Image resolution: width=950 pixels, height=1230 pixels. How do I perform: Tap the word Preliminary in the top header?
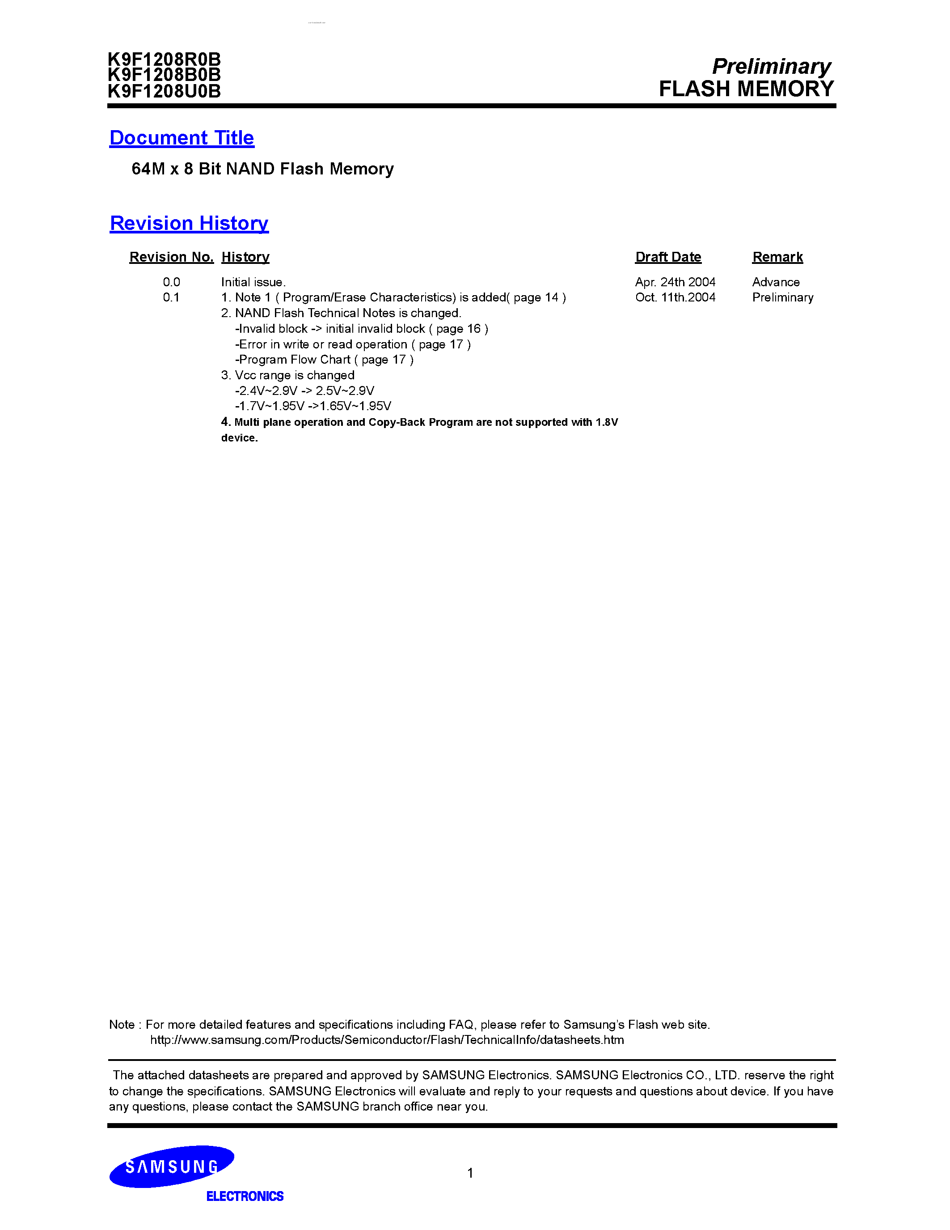click(x=771, y=67)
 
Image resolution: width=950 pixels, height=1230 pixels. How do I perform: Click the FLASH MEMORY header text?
click(x=746, y=89)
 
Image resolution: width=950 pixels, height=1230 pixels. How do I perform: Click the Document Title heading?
click(x=182, y=138)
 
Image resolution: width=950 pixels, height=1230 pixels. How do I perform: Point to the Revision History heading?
click(x=189, y=223)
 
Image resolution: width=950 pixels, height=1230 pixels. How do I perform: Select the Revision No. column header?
click(x=171, y=257)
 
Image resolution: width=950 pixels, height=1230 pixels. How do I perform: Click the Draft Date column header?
click(x=668, y=257)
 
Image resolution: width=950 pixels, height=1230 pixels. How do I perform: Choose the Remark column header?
click(x=777, y=257)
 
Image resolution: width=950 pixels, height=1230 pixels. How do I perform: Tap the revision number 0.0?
click(x=172, y=282)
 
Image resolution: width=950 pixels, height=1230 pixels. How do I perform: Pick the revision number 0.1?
click(x=171, y=297)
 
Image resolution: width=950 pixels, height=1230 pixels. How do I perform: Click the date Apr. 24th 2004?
click(x=676, y=282)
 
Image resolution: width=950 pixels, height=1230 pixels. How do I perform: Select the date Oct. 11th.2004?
click(x=676, y=297)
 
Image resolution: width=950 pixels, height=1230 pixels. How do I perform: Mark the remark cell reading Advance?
click(x=776, y=282)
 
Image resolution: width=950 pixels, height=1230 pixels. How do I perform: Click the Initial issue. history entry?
click(x=253, y=282)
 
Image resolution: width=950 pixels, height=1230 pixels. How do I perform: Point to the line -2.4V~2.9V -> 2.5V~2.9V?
click(x=304, y=391)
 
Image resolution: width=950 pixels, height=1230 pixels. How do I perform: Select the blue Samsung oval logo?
click(x=172, y=1166)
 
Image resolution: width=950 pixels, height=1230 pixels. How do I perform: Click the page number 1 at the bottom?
click(x=470, y=1173)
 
